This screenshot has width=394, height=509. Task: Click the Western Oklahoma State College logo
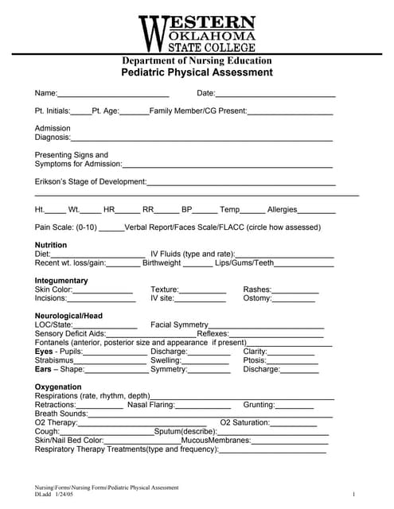tap(197, 33)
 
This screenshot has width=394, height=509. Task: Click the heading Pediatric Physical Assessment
tap(197, 72)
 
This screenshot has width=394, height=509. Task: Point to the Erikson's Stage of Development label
tap(90, 182)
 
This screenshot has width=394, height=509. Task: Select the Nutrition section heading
tap(51, 245)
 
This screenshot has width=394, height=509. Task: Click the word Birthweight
tap(162, 263)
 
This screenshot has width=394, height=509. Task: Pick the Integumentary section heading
tap(61, 281)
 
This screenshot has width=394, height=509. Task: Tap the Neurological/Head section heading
tap(68, 316)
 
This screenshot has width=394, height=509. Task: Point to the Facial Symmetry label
tap(179, 325)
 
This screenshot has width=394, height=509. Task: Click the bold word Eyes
tap(44, 352)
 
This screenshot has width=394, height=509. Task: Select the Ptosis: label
tap(256, 360)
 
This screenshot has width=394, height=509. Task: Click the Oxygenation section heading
tap(58, 387)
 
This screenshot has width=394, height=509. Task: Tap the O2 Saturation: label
tap(245, 422)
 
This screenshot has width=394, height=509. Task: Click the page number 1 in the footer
tap(353, 495)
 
